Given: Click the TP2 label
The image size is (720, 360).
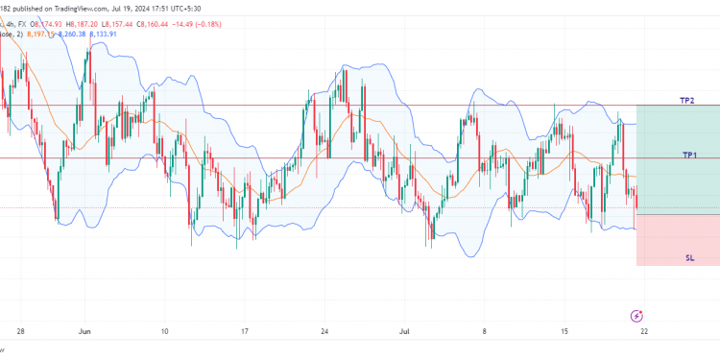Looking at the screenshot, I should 687,101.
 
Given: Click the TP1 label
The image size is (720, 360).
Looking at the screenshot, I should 689,155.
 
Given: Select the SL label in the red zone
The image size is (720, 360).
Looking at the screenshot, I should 689,258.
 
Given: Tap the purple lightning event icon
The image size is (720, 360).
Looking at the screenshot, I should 636,315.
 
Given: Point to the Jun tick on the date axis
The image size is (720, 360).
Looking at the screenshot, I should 84,331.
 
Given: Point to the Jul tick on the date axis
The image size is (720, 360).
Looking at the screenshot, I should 404,331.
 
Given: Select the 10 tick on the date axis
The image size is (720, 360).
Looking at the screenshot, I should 165,331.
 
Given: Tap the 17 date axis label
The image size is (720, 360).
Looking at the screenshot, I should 245,331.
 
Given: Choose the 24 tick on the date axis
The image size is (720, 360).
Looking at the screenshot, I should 325,331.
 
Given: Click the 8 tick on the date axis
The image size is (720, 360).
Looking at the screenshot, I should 486,331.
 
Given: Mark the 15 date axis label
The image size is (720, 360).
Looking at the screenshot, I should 565,331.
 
